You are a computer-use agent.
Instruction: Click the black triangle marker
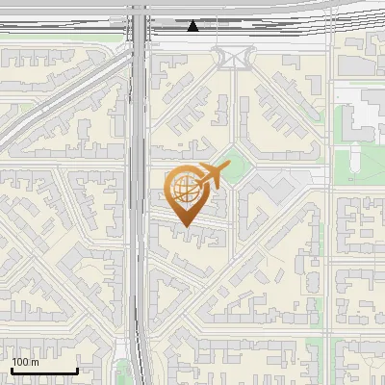193,26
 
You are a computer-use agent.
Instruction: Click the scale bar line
44,371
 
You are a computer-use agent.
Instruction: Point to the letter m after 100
36,362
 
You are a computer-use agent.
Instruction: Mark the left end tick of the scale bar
12,369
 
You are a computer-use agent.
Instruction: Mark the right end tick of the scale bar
77,369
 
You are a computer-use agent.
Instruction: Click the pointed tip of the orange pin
186,226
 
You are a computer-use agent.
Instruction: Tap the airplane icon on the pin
210,176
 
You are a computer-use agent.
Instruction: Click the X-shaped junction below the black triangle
232,59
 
